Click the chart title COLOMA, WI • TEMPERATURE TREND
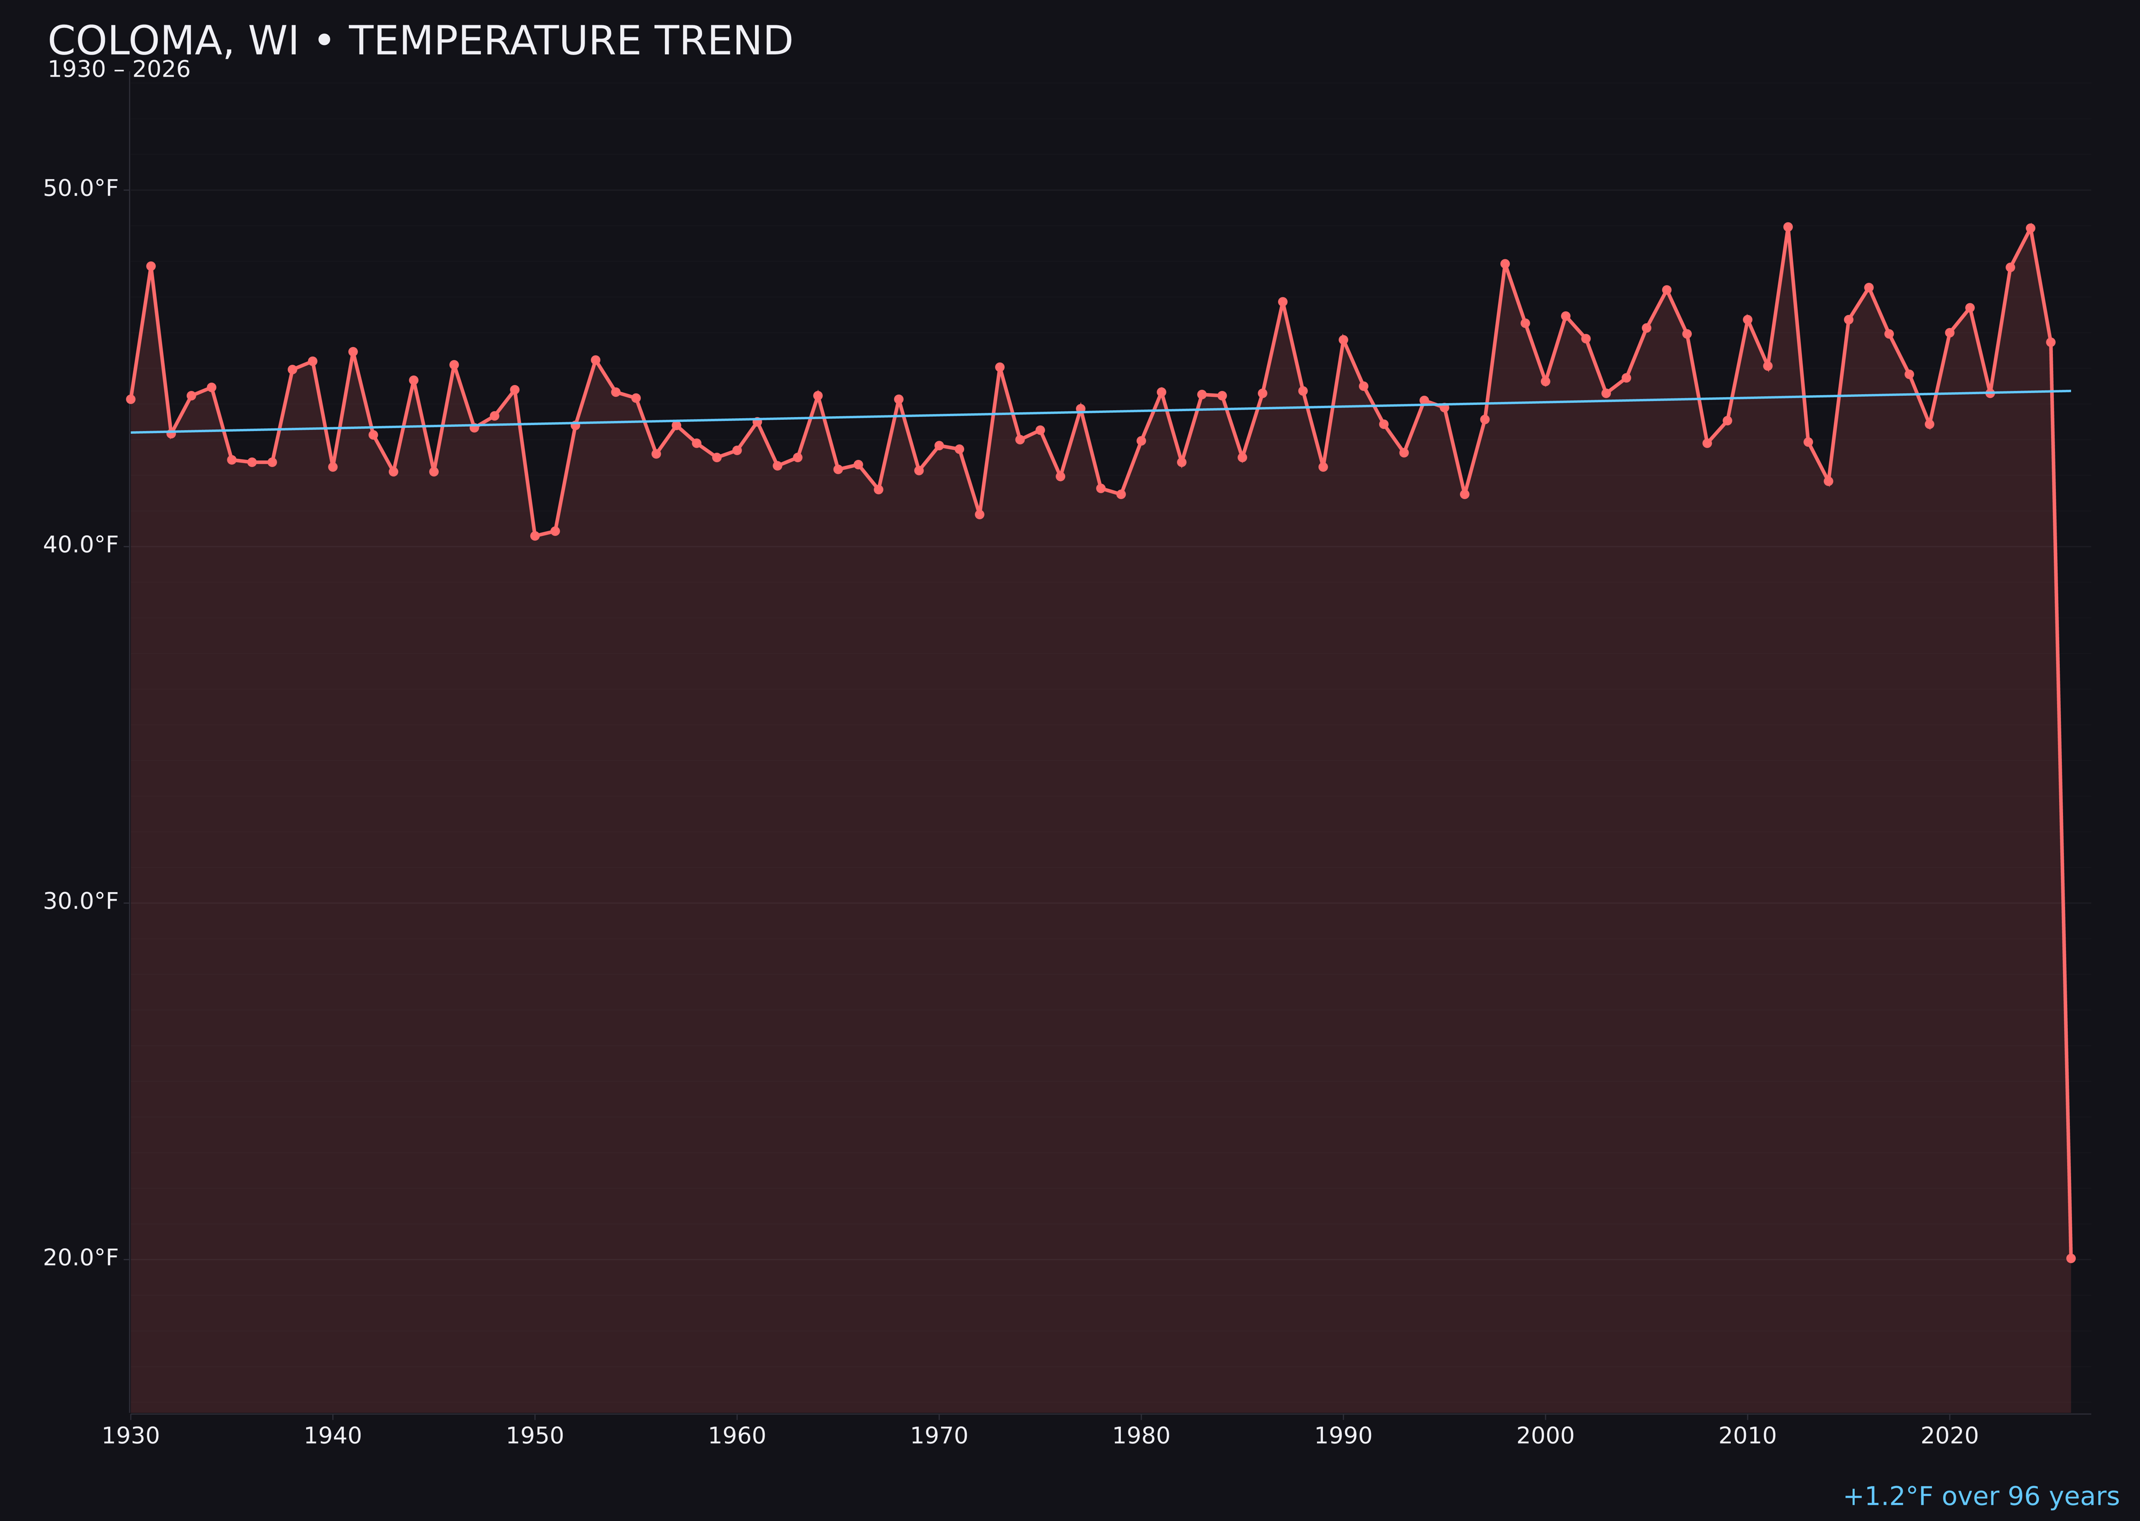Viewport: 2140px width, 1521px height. coord(420,41)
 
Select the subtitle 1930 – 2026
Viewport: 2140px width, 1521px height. coord(119,70)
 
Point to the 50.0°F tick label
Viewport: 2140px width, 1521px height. coord(81,188)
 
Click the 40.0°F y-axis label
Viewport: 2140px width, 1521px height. coord(81,545)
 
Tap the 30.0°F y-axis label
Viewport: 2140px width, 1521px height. coord(81,901)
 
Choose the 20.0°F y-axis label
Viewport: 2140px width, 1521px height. coord(81,1257)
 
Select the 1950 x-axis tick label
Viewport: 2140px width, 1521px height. coord(535,1436)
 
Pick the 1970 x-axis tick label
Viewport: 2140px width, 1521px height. coord(939,1436)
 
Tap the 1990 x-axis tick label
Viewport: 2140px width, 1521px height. coord(1343,1436)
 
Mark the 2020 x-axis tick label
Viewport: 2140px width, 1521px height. coord(1949,1436)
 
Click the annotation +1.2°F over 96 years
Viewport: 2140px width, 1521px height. coord(1981,1496)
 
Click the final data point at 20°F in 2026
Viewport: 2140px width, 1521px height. coord(2070,1258)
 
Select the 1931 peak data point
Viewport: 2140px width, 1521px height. coord(151,266)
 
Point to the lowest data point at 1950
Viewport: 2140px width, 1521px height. coord(535,536)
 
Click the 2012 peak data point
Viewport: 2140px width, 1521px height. coord(1788,227)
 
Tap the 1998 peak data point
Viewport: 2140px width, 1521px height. coord(1505,264)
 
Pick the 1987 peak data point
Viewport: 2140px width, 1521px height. coord(1283,302)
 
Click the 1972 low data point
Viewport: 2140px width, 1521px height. coord(979,514)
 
